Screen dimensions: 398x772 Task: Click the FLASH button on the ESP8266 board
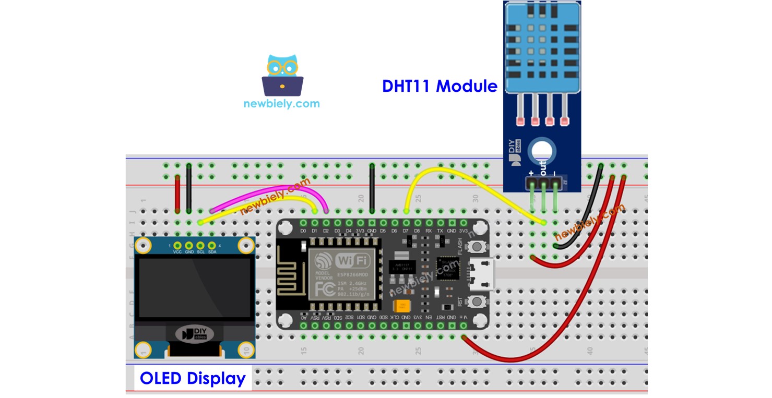coord(476,247)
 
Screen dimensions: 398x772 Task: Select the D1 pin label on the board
coord(315,230)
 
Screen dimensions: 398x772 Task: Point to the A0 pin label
coord(303,317)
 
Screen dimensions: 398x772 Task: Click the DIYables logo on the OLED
coord(194,333)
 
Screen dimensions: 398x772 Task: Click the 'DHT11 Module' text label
coord(440,86)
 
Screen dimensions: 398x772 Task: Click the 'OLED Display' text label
coord(193,378)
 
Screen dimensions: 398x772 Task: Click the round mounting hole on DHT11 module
coord(542,153)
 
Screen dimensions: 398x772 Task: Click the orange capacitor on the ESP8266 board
coord(401,306)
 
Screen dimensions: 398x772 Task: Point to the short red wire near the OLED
coord(177,194)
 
